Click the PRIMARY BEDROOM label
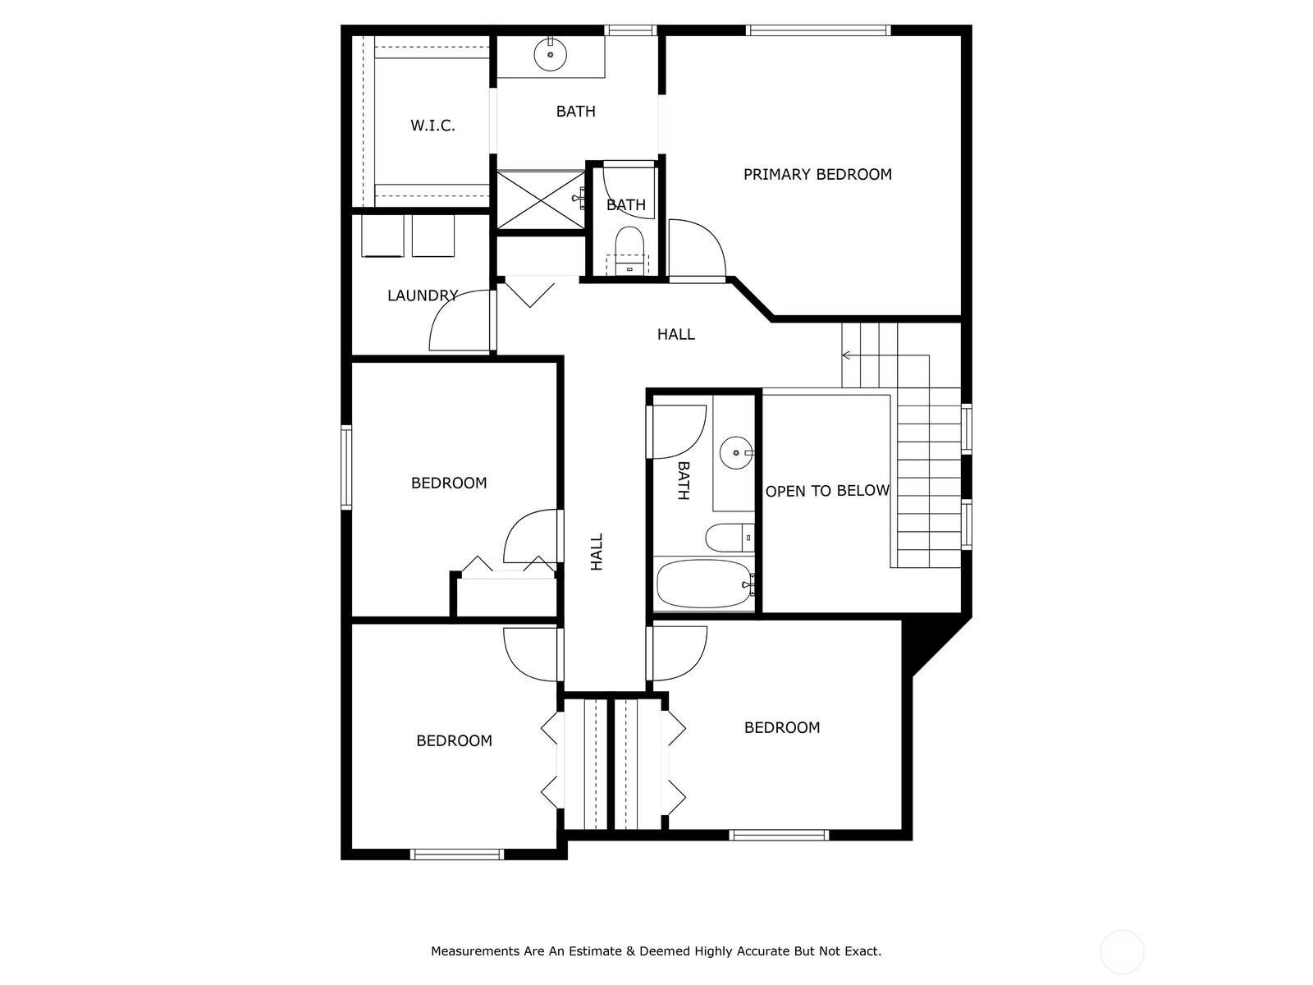[817, 174]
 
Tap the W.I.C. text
[432, 126]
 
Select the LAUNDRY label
[422, 295]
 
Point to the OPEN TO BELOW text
[827, 491]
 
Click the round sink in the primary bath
[550, 55]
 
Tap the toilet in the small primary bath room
[630, 243]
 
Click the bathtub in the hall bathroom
[704, 584]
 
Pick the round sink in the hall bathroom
[736, 452]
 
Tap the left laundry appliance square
[382, 236]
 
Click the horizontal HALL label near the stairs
[675, 334]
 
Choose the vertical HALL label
[597, 552]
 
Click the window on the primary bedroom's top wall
[817, 30]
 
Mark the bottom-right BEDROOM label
[781, 727]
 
